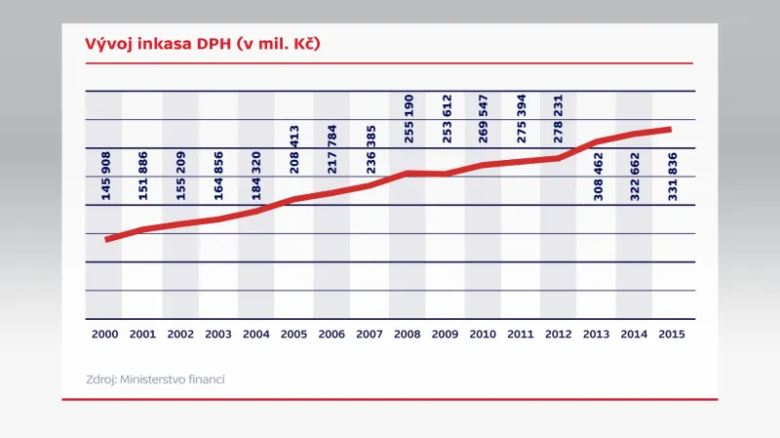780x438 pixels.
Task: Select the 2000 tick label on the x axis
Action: pyautogui.click(x=104, y=334)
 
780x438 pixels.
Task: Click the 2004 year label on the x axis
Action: pyautogui.click(x=255, y=334)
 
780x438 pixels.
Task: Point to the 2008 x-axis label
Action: pyautogui.click(x=407, y=334)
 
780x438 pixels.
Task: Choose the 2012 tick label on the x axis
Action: pyautogui.click(x=558, y=334)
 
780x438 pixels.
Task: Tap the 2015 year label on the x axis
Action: pyautogui.click(x=672, y=334)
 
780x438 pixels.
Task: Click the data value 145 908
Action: pyautogui.click(x=106, y=176)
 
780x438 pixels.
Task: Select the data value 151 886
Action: pyautogui.click(x=143, y=176)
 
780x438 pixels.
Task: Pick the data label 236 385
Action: pyautogui.click(x=370, y=149)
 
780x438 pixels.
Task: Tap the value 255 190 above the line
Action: pyautogui.click(x=409, y=119)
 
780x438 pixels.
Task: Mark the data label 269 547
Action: pyautogui.click(x=485, y=119)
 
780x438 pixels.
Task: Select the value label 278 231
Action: pyautogui.click(x=560, y=119)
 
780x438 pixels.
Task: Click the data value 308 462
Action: pyautogui.click(x=598, y=176)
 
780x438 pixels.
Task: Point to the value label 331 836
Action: pyautogui.click(x=673, y=176)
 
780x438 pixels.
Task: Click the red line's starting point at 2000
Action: pyautogui.click(x=106, y=239)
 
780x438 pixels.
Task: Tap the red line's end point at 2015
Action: pyautogui.click(x=671, y=129)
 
